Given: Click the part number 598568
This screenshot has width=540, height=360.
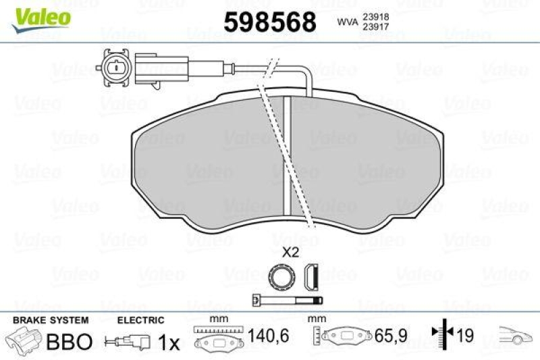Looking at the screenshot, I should pos(270,23).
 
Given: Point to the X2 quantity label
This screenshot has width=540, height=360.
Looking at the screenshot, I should pos(290,254).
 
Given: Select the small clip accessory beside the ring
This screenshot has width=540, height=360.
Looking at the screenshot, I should pos(310,276).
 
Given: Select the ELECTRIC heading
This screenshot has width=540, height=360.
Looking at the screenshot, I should pos(140,319).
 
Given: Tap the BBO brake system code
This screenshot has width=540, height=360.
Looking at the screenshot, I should pos(68,342).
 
